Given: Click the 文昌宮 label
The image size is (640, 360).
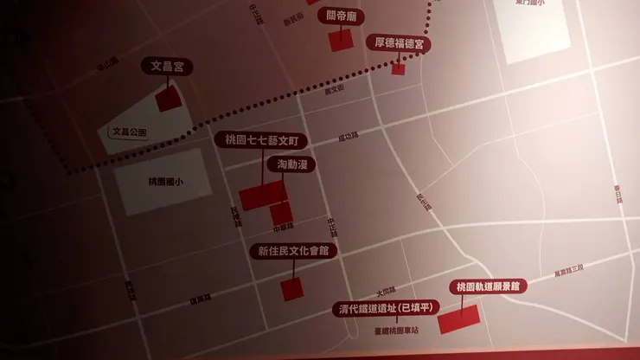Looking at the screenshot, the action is click(167, 66).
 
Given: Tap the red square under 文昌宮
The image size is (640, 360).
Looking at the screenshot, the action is click(168, 98).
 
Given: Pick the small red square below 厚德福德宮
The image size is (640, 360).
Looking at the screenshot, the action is click(398, 67).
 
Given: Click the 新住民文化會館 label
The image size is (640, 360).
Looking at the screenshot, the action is click(294, 251).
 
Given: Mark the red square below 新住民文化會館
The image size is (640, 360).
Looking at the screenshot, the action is click(293, 289).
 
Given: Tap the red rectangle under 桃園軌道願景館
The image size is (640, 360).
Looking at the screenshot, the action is click(459, 319).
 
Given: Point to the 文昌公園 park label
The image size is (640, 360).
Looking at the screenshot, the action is click(130, 132).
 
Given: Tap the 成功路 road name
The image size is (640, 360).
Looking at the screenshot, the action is click(348, 136).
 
